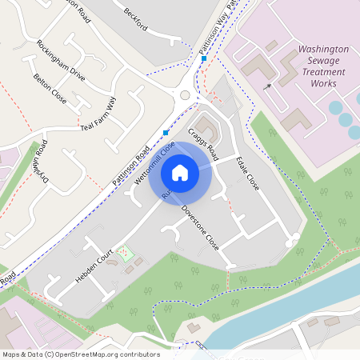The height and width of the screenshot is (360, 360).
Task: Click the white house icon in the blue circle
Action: point(180,173)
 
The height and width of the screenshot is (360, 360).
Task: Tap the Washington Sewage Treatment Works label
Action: point(323,66)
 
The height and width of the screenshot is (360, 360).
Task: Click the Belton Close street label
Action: point(50,90)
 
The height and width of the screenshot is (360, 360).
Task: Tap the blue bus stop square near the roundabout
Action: point(205,58)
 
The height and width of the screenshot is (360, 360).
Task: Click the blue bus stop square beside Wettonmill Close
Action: point(166,133)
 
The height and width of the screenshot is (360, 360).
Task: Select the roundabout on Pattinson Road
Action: point(186,94)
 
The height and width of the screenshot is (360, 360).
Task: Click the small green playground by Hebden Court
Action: point(124,254)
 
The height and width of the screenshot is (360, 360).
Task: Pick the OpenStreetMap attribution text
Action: point(81,354)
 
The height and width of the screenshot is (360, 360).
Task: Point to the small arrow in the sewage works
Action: point(269,86)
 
